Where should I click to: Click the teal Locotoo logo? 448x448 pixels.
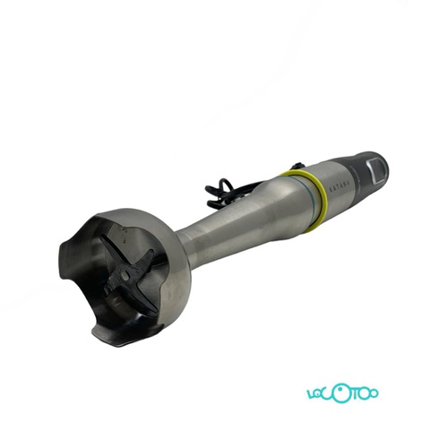pos(346,394)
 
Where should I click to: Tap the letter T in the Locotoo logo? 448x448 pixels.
pos(357,394)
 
